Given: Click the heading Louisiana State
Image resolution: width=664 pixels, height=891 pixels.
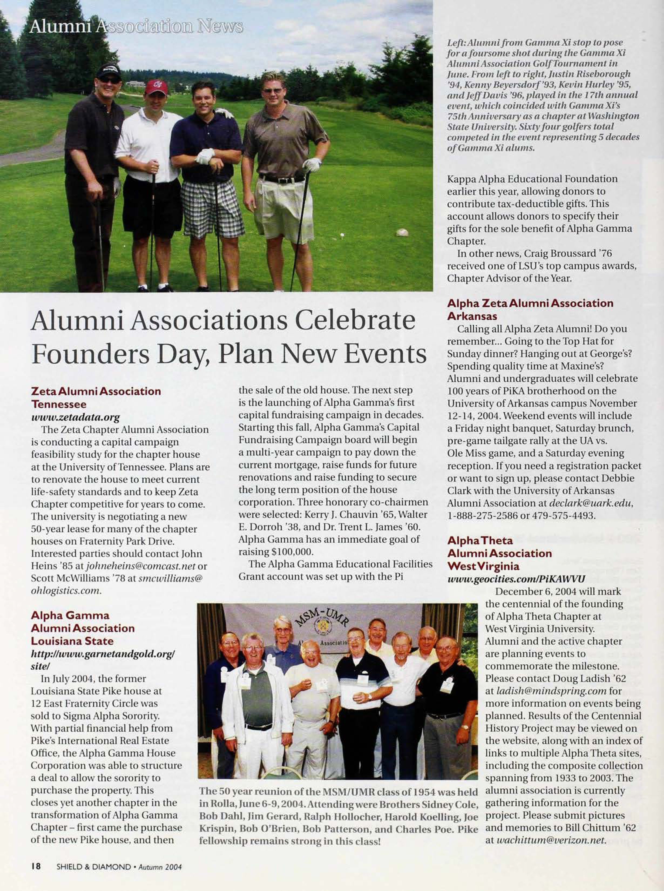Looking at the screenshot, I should [x=72, y=641].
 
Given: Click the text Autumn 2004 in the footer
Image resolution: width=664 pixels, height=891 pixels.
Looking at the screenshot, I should [x=160, y=867].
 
